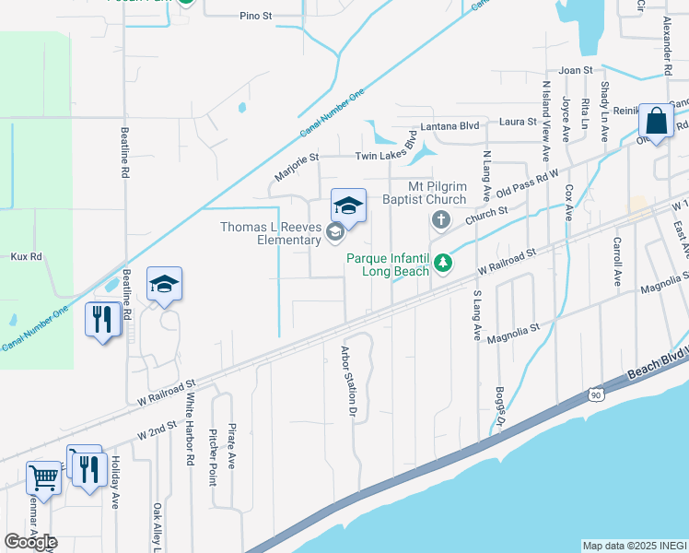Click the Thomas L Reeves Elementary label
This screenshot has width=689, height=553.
point(269,234)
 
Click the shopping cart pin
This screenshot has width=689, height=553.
point(42,477)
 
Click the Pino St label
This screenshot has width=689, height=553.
point(256,16)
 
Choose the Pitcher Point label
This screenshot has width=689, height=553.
point(213,456)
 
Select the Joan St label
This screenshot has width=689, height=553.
point(575,70)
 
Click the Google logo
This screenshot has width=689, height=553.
point(30,542)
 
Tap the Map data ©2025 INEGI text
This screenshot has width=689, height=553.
point(634,546)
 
